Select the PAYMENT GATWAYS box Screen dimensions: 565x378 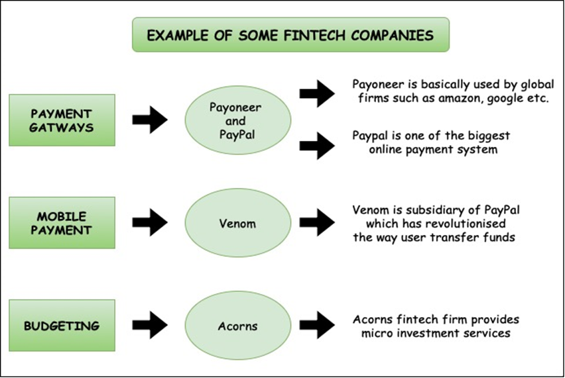coord(62,120)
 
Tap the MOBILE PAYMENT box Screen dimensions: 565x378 coord(62,222)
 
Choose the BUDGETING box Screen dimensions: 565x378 coord(62,325)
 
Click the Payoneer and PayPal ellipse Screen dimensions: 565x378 coord(238,120)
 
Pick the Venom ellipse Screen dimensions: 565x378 coord(238,222)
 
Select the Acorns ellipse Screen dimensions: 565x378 coord(238,325)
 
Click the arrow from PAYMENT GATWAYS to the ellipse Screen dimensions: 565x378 coord(150,120)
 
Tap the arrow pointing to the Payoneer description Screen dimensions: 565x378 coord(317,93)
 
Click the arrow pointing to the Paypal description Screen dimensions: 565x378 coord(317,146)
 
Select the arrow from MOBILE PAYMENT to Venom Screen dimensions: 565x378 coord(150,222)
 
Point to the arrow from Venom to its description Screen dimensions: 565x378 coord(317,222)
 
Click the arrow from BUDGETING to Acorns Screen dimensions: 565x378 coord(150,325)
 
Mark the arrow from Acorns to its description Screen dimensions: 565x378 coord(317,325)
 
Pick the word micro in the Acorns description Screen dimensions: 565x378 coord(376,334)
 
